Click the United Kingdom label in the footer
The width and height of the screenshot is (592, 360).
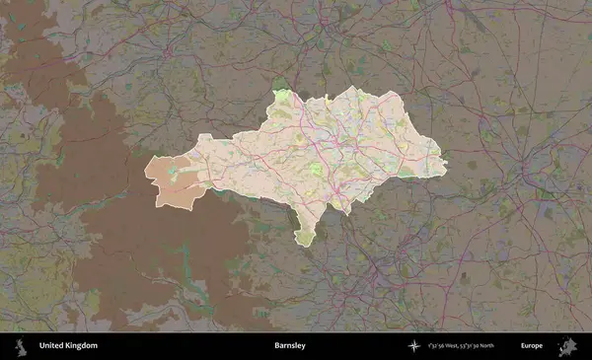tap(68, 345)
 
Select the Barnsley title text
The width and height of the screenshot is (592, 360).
tap(290, 345)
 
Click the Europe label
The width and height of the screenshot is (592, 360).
tap(532, 345)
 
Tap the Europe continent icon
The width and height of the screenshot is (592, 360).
tap(568, 345)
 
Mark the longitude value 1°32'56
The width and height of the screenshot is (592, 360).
tap(436, 345)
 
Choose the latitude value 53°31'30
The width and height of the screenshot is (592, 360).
tap(477, 345)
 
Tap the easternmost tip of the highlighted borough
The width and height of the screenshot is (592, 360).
tap(445, 164)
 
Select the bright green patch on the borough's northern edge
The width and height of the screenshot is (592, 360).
tap(283, 96)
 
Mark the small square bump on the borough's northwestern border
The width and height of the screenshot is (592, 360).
tap(204, 137)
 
